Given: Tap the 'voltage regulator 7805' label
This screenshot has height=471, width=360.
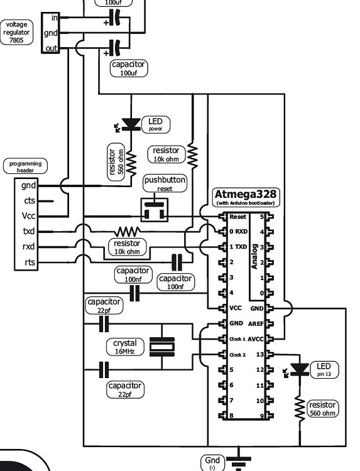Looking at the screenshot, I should (16, 31).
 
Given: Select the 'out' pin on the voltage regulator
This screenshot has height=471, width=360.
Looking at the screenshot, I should (50, 48).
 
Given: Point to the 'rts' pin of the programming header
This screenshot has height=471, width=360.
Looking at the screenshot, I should (29, 262).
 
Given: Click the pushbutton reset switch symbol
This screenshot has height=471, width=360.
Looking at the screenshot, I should (154, 210).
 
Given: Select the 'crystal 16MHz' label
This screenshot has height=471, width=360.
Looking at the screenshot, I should (124, 347).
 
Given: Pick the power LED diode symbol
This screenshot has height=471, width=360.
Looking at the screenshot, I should (131, 124).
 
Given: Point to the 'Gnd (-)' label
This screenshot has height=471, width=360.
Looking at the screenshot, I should (212, 463).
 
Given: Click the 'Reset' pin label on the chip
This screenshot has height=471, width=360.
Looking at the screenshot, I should (238, 217).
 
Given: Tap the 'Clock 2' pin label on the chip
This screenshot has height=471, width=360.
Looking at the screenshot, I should (237, 355).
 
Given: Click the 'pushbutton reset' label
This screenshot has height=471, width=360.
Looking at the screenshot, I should (165, 184).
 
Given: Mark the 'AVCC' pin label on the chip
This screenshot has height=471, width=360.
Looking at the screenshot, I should (254, 339).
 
